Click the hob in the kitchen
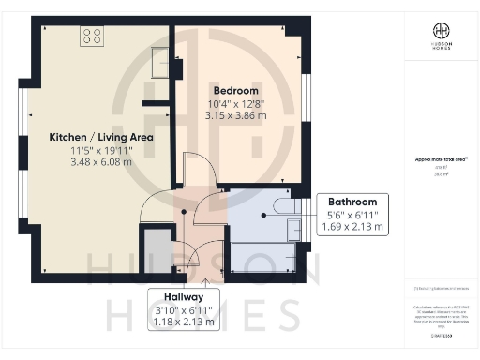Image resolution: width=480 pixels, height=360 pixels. pyautogui.click(x=92, y=36)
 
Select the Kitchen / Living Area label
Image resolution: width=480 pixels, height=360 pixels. pyautogui.click(x=101, y=137)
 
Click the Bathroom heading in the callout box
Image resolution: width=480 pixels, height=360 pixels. pyautogui.click(x=352, y=202)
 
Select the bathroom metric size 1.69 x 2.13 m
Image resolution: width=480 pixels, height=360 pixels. pyautogui.click(x=352, y=227)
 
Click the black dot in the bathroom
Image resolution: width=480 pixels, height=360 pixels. pyautogui.click(x=265, y=215)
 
